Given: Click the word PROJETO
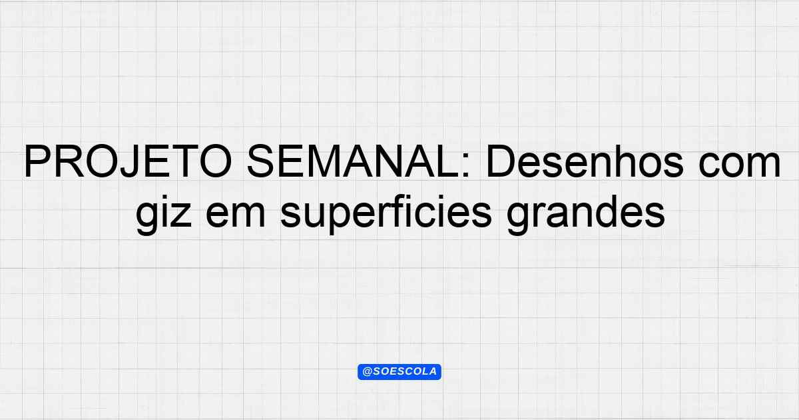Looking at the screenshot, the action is (128, 161).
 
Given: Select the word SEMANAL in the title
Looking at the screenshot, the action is (354, 161).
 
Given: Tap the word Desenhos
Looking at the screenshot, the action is (585, 161).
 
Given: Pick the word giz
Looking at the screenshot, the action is (164, 213).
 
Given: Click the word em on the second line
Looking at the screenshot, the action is (236, 216).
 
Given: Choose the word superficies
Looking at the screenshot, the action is (386, 213).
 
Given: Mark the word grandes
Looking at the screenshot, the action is (586, 213).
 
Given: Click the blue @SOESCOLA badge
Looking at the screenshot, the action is (400, 372).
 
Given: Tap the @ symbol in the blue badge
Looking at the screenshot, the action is (367, 372).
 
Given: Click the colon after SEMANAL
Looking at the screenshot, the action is (466, 166).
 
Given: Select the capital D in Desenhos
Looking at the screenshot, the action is (501, 161).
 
